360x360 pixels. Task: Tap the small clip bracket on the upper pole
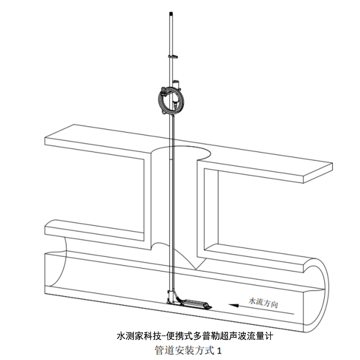click(173, 56)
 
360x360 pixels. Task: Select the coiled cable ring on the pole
click(171, 99)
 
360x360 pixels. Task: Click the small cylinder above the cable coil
click(176, 84)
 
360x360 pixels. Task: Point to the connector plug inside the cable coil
click(175, 103)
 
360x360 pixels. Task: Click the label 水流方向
click(264, 303)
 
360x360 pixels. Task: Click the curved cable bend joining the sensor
click(177, 296)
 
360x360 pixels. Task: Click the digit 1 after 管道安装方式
click(219, 350)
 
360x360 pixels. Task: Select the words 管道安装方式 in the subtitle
click(185, 350)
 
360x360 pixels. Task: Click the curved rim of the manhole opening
click(181, 147)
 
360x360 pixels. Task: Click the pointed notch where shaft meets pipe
click(196, 269)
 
